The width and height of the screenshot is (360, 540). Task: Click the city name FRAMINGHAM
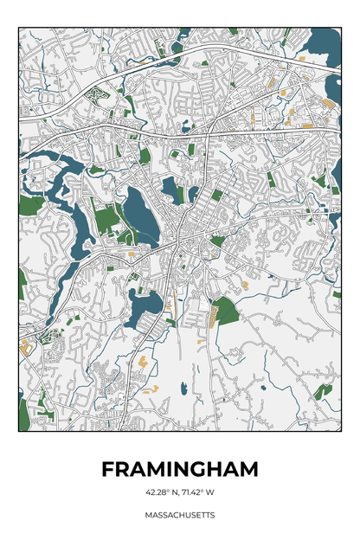pyautogui.click(x=180, y=469)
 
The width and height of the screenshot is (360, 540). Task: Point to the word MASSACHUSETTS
pyautogui.click(x=180, y=515)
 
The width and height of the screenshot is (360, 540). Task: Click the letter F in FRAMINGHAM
pyautogui.click(x=108, y=469)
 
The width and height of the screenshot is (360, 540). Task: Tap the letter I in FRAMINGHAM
pyautogui.click(x=164, y=469)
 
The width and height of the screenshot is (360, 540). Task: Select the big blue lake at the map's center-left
pyautogui.click(x=139, y=212)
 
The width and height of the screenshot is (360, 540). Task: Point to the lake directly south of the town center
pyautogui.click(x=145, y=304)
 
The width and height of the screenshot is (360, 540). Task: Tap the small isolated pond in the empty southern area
pyautogui.click(x=183, y=389)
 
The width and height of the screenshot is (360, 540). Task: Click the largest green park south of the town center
pyautogui.click(x=226, y=310)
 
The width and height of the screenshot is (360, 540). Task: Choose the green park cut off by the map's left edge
pyautogui.click(x=29, y=206)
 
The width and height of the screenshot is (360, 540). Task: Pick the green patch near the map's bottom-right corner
pyautogui.click(x=322, y=391)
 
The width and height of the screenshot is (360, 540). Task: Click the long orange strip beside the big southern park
pyautogui.click(x=209, y=318)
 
